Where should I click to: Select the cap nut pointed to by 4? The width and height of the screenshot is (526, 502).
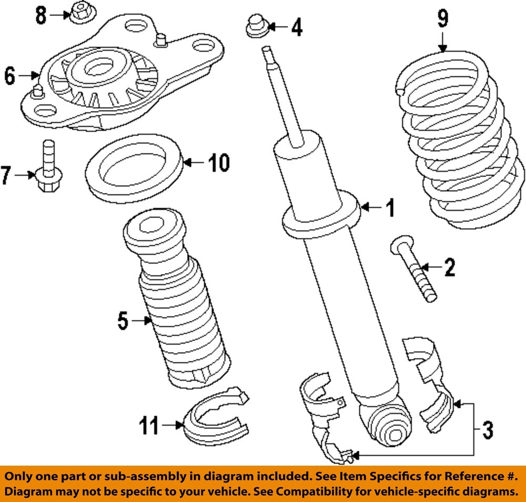256,26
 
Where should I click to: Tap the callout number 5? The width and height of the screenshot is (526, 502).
122,321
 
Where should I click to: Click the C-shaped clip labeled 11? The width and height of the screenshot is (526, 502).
216,416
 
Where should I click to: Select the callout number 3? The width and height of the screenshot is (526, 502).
487,431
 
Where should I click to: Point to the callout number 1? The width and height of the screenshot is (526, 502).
390,209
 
